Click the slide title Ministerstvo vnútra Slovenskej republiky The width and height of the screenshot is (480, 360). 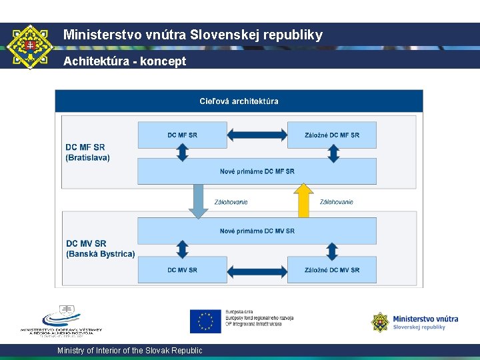tap(193, 35)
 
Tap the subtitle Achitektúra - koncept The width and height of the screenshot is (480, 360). tap(125, 61)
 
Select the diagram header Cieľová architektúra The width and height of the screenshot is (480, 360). tap(239, 101)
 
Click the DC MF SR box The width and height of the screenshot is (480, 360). tap(182, 135)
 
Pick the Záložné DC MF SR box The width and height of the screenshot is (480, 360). tap(331, 135)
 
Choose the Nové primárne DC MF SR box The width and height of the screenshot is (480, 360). tap(257, 171)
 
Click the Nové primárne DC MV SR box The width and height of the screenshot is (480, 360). tap(257, 231)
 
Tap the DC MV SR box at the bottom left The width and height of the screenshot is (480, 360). tap(182, 270)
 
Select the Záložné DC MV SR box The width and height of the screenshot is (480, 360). tap(331, 270)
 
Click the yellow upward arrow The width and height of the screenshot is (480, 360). tap(303, 200)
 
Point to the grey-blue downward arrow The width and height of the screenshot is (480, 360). tap(198, 201)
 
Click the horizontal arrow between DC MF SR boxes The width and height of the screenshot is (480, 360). tap(257, 135)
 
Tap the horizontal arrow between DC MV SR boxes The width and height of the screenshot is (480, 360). tap(257, 271)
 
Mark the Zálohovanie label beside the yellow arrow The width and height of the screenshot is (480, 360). tap(336, 202)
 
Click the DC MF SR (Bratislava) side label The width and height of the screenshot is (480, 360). tap(87, 152)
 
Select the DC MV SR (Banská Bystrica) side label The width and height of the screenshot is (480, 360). tap(100, 249)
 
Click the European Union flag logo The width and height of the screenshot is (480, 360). tap(205, 321)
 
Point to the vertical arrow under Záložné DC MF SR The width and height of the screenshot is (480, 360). tap(333, 153)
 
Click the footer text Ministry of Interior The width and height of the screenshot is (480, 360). tap(129, 351)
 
